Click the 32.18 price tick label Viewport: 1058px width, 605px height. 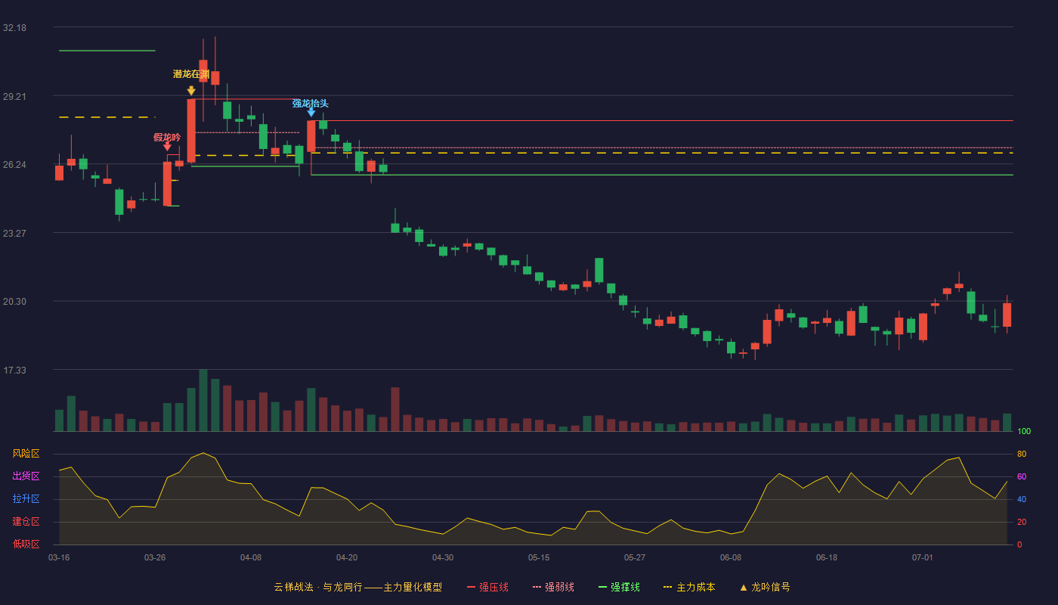(x=14, y=28)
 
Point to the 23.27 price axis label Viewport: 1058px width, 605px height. (x=14, y=234)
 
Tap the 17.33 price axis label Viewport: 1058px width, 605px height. (x=14, y=370)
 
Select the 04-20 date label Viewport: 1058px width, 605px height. (x=347, y=558)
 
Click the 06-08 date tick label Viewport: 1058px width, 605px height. (x=731, y=558)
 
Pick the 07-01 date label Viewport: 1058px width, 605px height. (x=923, y=558)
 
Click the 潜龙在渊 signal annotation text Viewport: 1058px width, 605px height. (x=191, y=74)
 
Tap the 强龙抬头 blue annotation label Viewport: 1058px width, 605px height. (x=311, y=104)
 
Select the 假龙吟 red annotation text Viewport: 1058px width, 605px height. (x=167, y=138)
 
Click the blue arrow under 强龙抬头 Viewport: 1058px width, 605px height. (x=311, y=112)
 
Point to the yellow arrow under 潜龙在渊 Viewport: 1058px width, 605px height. (x=191, y=90)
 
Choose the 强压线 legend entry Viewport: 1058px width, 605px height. (x=487, y=587)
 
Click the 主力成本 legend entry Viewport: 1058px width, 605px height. (x=689, y=587)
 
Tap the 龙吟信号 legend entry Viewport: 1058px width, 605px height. (x=765, y=587)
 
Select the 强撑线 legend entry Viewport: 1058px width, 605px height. (x=619, y=587)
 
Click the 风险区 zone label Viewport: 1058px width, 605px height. (x=26, y=454)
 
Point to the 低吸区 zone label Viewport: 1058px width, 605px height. (x=26, y=544)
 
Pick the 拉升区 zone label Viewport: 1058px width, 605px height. (x=26, y=499)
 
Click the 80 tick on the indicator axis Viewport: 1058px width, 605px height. (x=1022, y=455)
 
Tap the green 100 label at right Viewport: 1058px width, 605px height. (x=1024, y=431)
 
